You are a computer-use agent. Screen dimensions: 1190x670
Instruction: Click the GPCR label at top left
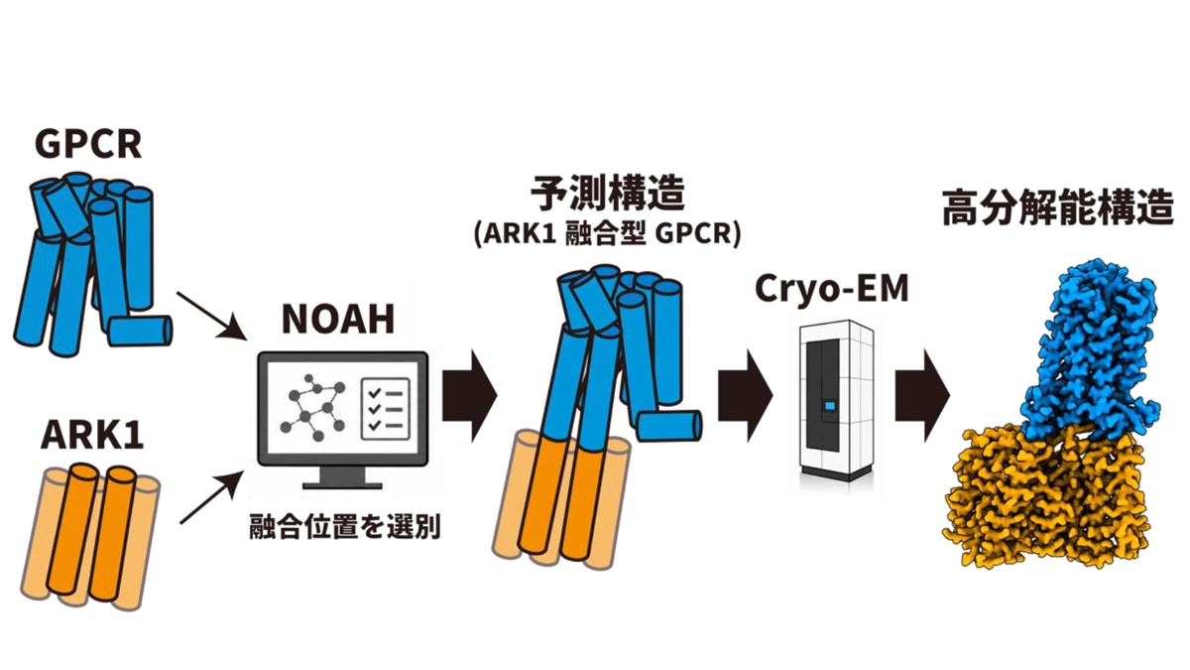(x=88, y=144)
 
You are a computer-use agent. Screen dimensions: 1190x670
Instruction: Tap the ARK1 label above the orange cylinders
(x=92, y=436)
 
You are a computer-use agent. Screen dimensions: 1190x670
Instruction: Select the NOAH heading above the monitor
(x=338, y=319)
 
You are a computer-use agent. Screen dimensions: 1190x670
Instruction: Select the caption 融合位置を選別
(x=345, y=527)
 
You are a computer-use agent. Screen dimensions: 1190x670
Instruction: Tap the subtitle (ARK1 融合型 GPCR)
(x=607, y=234)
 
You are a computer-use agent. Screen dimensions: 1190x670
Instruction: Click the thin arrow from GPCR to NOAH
(x=211, y=316)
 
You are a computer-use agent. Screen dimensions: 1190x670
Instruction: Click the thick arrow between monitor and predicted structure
(x=470, y=396)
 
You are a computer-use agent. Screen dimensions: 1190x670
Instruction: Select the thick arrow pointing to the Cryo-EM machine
(x=746, y=396)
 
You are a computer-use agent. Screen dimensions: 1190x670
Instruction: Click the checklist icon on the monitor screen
(x=385, y=409)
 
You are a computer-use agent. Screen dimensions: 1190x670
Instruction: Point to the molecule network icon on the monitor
(x=313, y=407)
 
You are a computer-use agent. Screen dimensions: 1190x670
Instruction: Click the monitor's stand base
(x=342, y=485)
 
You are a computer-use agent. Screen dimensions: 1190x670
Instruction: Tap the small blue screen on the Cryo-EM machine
(x=830, y=407)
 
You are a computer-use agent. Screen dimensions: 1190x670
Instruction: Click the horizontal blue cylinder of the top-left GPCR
(x=140, y=331)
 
